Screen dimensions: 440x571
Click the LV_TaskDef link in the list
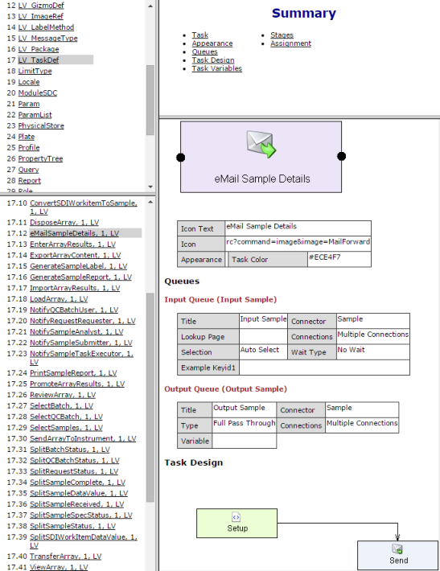[x=39, y=60]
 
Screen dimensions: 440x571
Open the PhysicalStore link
[x=41, y=125]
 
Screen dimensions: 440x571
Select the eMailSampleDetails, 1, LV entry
[x=74, y=233]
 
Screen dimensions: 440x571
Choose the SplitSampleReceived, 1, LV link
[x=77, y=504]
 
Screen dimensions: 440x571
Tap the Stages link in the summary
[x=282, y=35]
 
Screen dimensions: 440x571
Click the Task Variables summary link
[x=216, y=68]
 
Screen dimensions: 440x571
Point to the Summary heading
[x=304, y=13]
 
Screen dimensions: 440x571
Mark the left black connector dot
[x=181, y=158]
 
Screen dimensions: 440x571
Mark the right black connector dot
[x=341, y=156]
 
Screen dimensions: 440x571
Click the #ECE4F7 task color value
[x=324, y=257]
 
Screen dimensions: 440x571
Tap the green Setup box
[x=236, y=524]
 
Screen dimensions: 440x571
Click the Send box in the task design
[x=397, y=556]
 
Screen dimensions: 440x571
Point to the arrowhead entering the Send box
[x=397, y=537]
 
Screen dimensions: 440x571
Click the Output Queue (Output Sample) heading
[x=225, y=389]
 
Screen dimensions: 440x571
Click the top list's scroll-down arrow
[x=150, y=187]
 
